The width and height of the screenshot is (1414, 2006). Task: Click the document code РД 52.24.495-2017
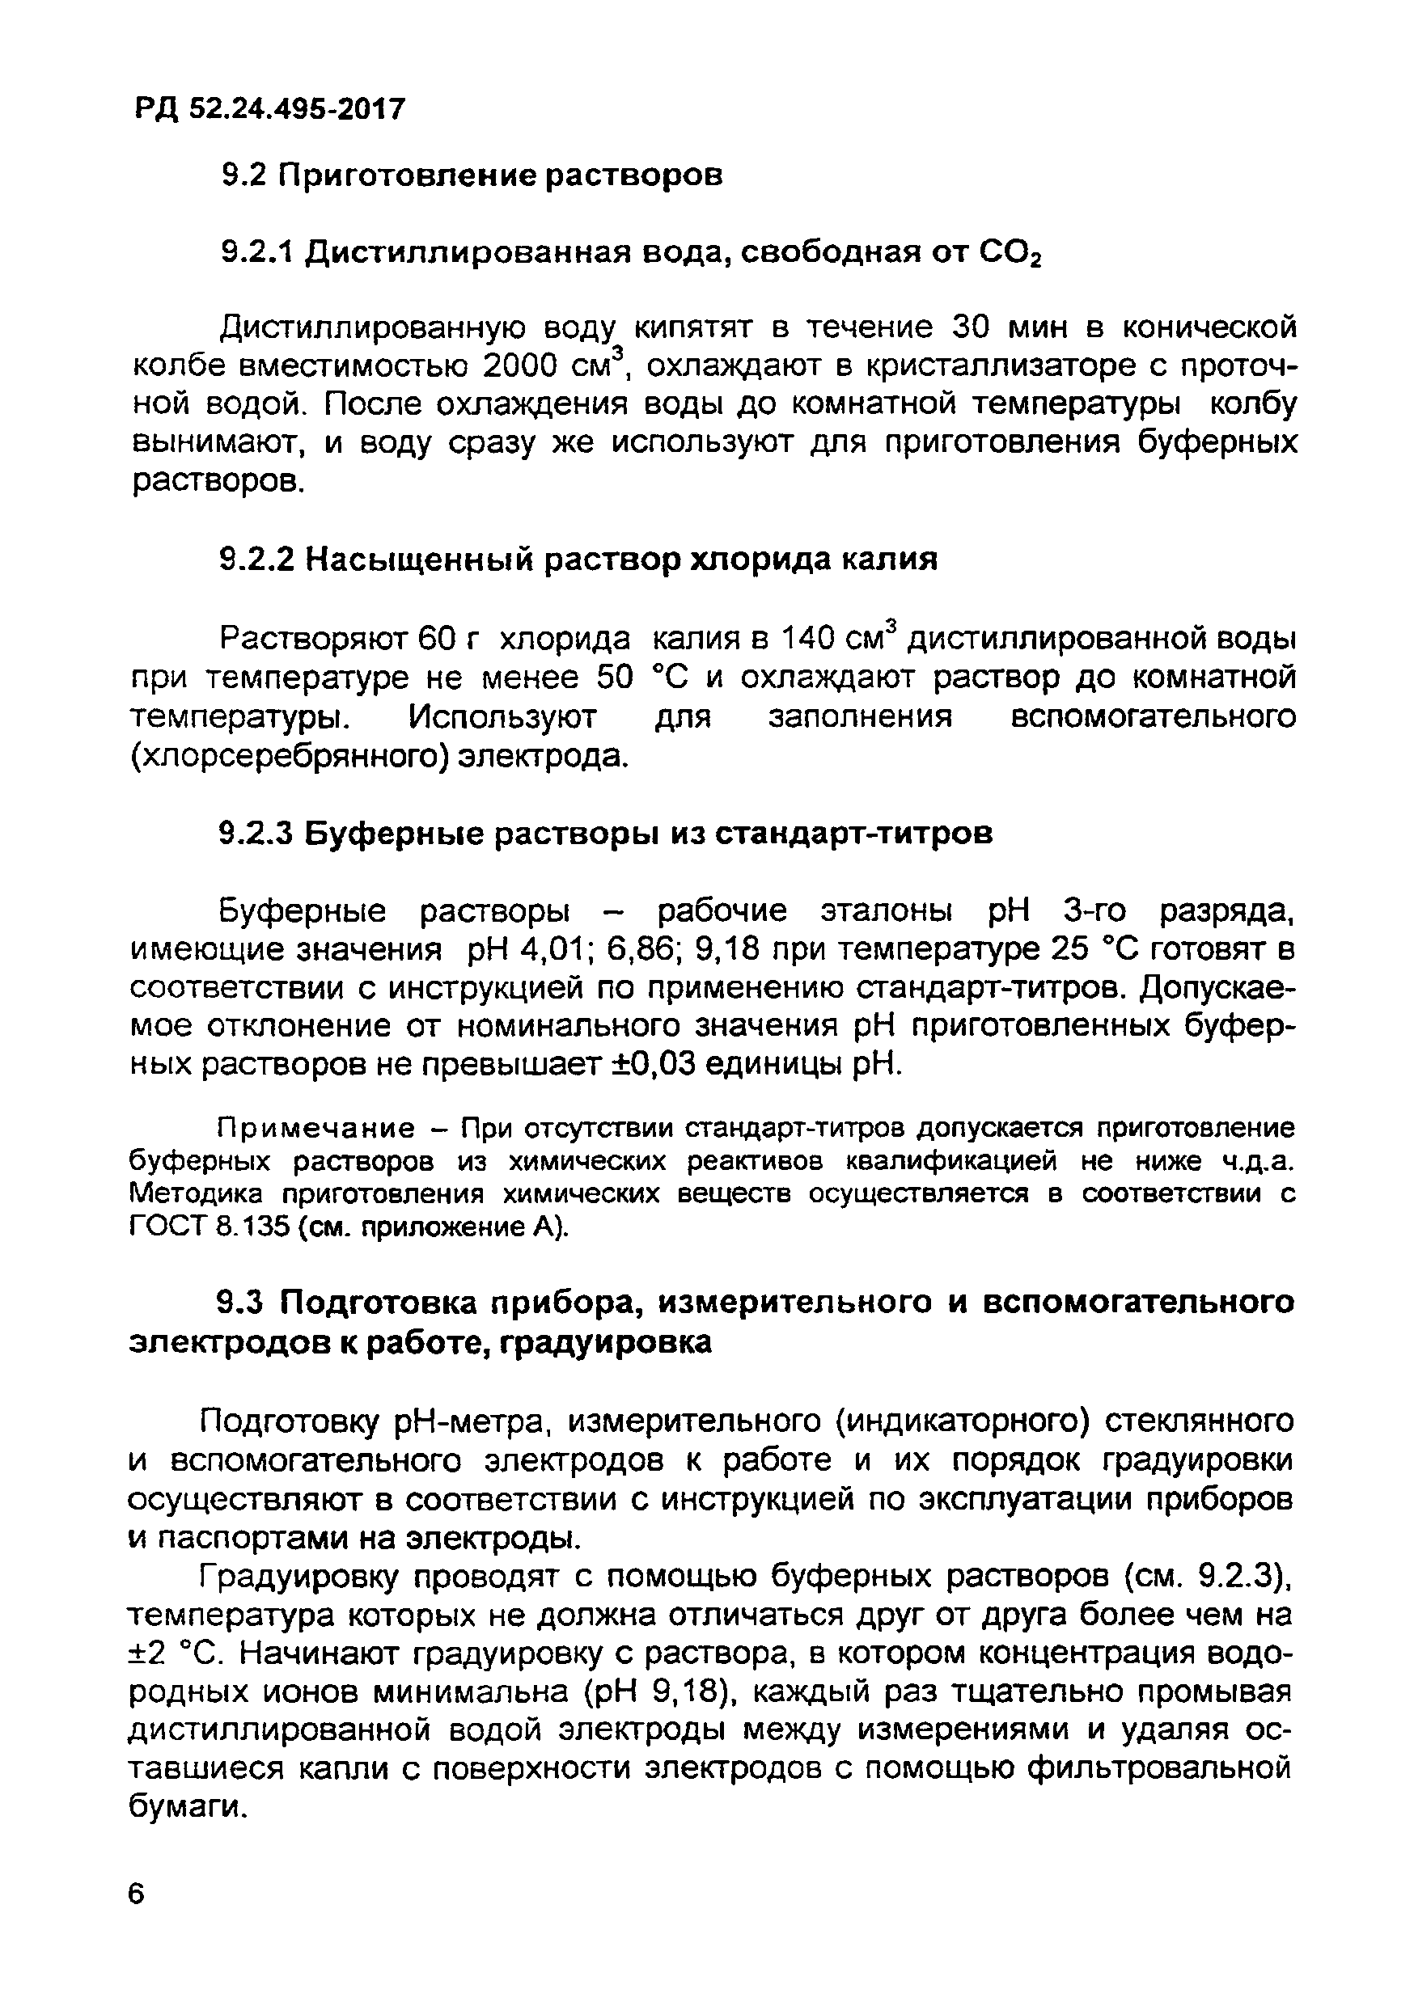(269, 109)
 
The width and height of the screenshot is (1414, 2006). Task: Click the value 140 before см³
(807, 640)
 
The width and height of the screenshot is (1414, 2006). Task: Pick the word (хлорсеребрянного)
(290, 756)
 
